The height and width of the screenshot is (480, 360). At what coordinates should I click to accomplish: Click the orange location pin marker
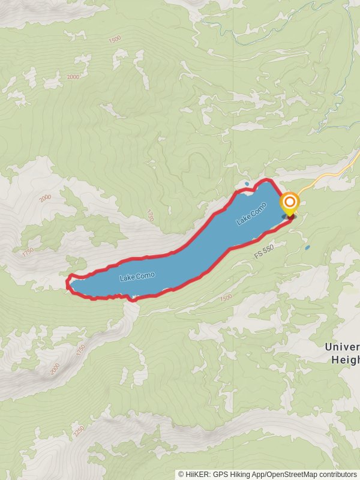290,203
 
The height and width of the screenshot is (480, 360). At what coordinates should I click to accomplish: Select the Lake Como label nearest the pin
251,214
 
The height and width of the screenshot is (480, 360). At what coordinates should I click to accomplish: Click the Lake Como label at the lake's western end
137,276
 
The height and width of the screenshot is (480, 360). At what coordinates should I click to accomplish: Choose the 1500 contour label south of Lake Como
226,298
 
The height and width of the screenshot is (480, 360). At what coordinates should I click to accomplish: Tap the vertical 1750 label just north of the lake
150,215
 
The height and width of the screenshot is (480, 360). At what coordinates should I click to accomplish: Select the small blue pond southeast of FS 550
307,247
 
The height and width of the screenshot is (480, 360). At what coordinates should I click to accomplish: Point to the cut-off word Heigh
345,360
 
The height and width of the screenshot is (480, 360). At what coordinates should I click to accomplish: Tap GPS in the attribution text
220,474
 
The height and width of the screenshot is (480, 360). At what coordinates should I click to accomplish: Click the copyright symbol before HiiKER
181,474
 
